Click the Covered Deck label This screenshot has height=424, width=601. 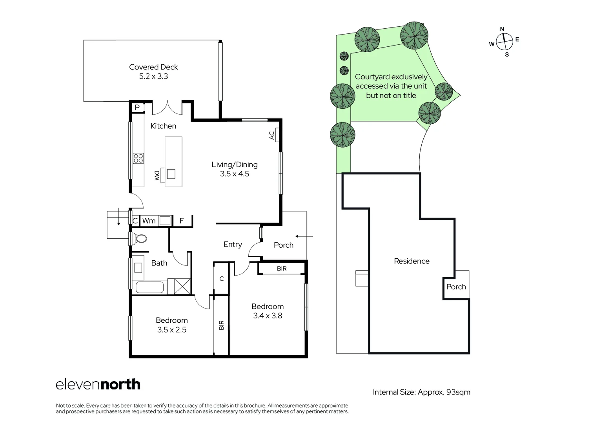(x=153, y=67)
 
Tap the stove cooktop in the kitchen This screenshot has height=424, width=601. (x=138, y=158)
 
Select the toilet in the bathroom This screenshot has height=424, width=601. (x=140, y=238)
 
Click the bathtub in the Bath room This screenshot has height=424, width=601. (x=149, y=287)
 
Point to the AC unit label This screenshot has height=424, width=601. (x=272, y=135)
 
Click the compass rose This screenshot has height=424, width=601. (x=504, y=42)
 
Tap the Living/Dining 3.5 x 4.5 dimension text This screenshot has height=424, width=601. (x=234, y=174)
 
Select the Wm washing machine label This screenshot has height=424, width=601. (x=149, y=221)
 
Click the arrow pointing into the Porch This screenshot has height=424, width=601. (x=304, y=236)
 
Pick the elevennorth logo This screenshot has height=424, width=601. (x=98, y=384)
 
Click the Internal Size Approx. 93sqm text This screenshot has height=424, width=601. (x=421, y=392)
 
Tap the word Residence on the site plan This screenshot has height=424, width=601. (x=412, y=261)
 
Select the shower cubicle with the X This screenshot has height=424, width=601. (x=182, y=286)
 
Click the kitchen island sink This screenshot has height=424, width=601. (x=171, y=174)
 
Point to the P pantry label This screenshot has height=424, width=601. (x=137, y=107)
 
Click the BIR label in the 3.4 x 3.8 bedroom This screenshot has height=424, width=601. (x=282, y=269)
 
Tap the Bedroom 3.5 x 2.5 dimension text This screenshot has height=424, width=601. (x=172, y=330)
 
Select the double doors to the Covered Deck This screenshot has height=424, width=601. (x=168, y=107)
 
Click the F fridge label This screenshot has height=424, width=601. (x=182, y=221)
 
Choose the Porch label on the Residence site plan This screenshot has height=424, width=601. (x=456, y=287)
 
